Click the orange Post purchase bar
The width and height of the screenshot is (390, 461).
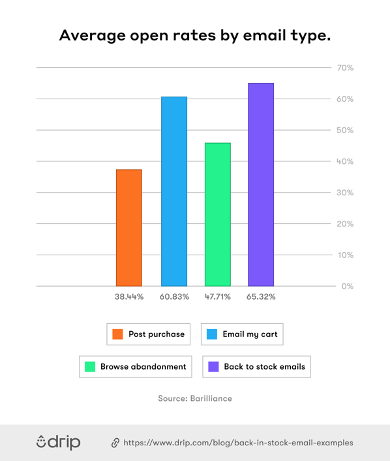pos(128,227)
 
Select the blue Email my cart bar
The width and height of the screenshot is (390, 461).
pos(174,191)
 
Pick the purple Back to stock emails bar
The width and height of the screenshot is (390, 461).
pos(261,184)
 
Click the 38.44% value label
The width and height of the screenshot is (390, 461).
pos(129,296)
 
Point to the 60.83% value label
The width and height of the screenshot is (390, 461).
pos(174,296)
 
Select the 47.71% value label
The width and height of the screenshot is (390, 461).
pos(218,296)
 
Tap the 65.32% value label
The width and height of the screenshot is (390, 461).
pos(261,296)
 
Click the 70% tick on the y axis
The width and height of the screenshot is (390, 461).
pos(345,68)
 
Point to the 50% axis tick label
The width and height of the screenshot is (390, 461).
pos(345,131)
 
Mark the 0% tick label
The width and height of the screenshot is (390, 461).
pos(347,286)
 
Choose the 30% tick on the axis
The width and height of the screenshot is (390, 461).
pos(345,193)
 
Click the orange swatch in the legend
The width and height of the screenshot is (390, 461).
pos(117,334)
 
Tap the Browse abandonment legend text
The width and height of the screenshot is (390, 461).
pos(143,367)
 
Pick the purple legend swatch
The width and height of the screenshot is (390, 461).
pos(213,367)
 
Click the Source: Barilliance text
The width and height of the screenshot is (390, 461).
pos(195,398)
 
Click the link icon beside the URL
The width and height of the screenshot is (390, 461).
pos(115,443)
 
